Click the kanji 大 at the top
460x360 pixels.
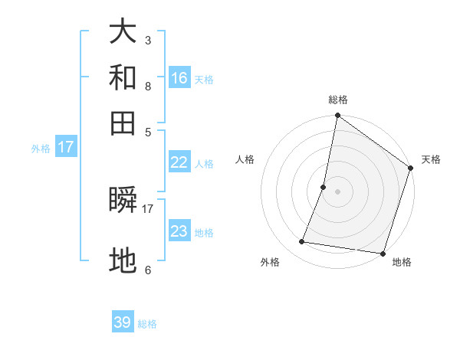click(123, 32)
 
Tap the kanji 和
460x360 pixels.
click(123, 77)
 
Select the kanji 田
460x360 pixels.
click(123, 123)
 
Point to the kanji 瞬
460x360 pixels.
click(123, 201)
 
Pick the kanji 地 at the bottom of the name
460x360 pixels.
click(123, 261)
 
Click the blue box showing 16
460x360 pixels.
click(179, 77)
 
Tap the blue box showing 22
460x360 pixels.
click(179, 162)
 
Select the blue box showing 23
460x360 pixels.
click(179, 231)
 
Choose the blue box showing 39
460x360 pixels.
click(123, 322)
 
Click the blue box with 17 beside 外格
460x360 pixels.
click(65, 147)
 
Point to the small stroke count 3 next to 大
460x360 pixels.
click(147, 40)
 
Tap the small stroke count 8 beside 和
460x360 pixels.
click(147, 86)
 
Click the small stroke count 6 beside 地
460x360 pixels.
click(147, 270)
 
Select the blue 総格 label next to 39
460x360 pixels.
click(147, 324)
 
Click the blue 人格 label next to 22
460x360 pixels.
click(204, 164)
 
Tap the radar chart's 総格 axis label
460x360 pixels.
click(338, 100)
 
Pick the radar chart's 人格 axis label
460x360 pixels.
click(245, 159)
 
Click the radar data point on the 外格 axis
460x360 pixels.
click(302, 242)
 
